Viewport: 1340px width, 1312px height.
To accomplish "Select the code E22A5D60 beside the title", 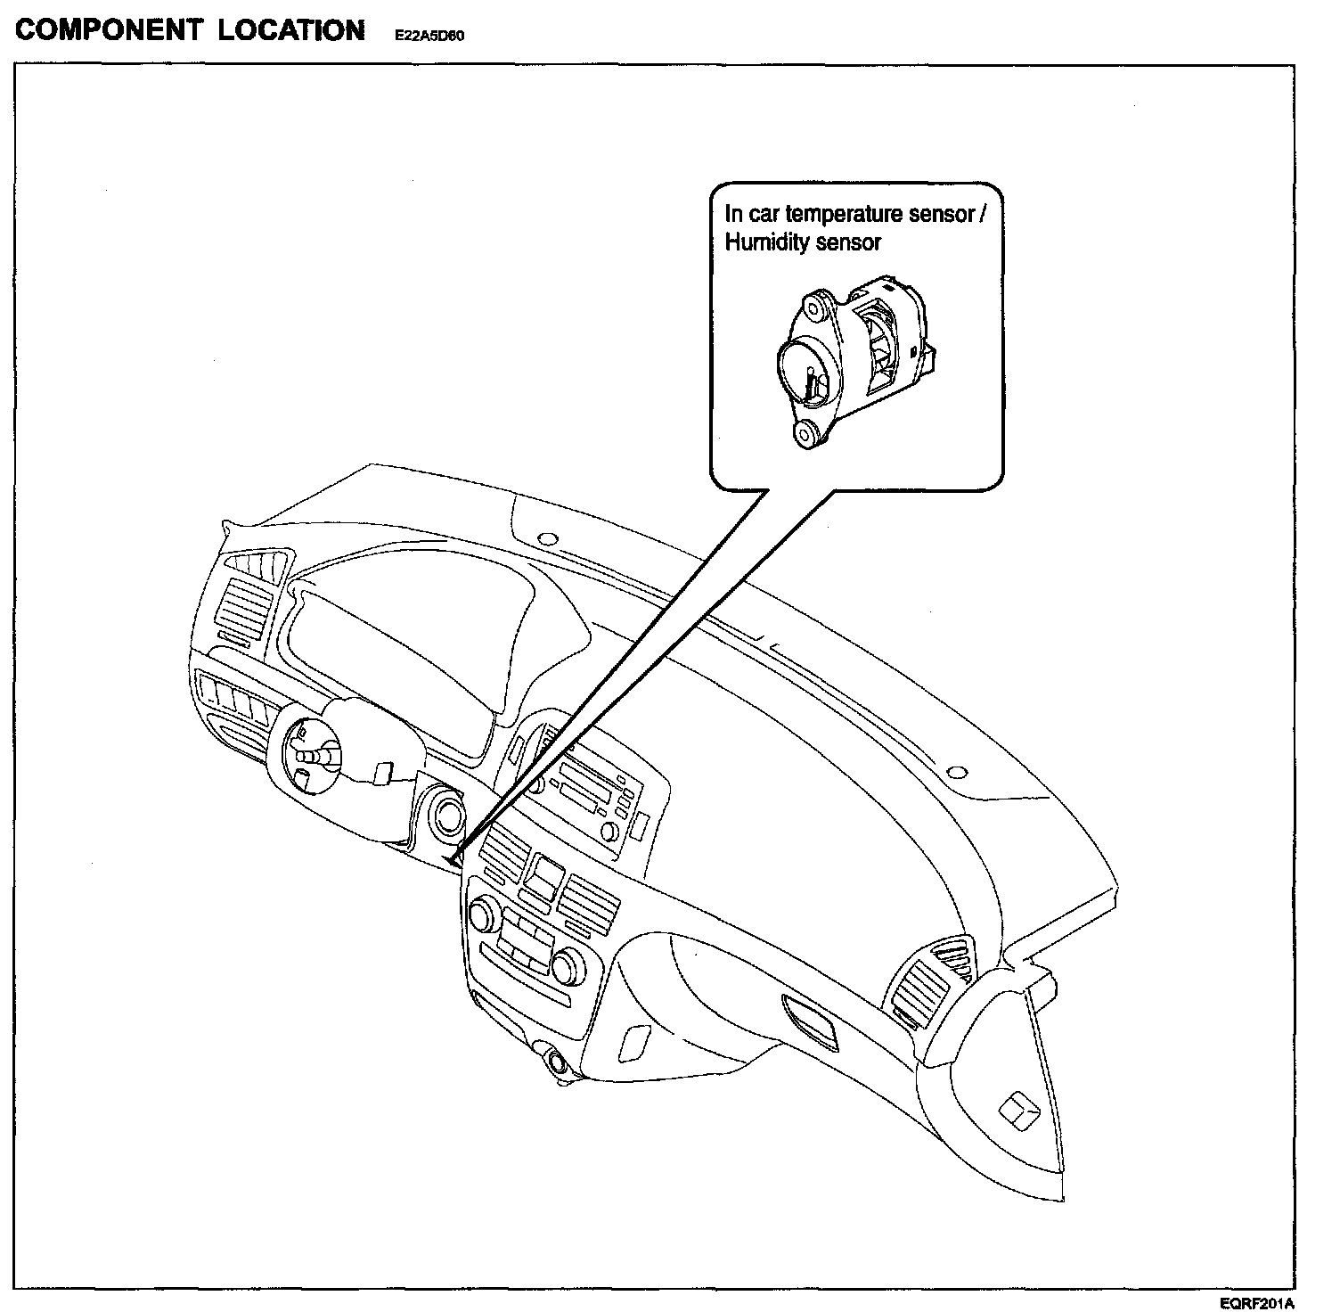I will [x=431, y=37].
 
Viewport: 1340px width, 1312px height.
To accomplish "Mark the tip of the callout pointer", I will [x=453, y=862].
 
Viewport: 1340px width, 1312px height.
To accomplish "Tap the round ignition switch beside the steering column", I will [x=445, y=814].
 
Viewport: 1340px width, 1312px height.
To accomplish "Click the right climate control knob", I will [x=567, y=965].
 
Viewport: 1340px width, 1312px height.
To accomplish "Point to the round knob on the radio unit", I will [x=610, y=831].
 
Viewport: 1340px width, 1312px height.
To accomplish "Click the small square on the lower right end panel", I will [x=1017, y=1111].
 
